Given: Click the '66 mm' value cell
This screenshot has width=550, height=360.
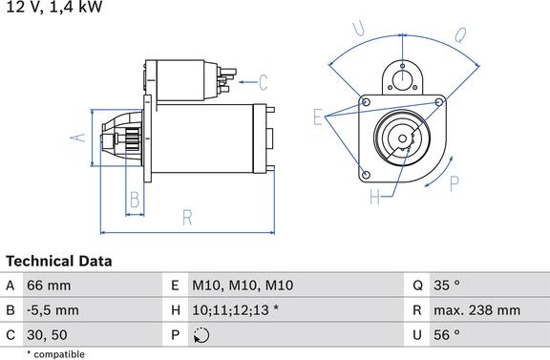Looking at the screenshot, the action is pos(49,286).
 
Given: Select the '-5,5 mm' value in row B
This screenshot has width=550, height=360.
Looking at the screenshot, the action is pos(53,310).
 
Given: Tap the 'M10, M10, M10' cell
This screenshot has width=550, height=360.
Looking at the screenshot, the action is pos(243,286).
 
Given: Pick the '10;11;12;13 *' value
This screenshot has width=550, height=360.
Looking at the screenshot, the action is pos(235,310).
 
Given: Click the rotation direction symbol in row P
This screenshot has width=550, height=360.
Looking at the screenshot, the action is pos(201,335).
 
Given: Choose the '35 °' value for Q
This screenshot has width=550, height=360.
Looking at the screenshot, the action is pos(447,286).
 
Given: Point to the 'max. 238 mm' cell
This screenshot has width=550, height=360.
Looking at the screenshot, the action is pos(477,310).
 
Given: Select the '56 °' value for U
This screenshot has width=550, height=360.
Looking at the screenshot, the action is pos(447,335).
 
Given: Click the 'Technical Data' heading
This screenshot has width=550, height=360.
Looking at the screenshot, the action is pos(59,262).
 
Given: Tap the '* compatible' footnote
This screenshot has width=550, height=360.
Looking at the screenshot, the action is pos(55,354).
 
